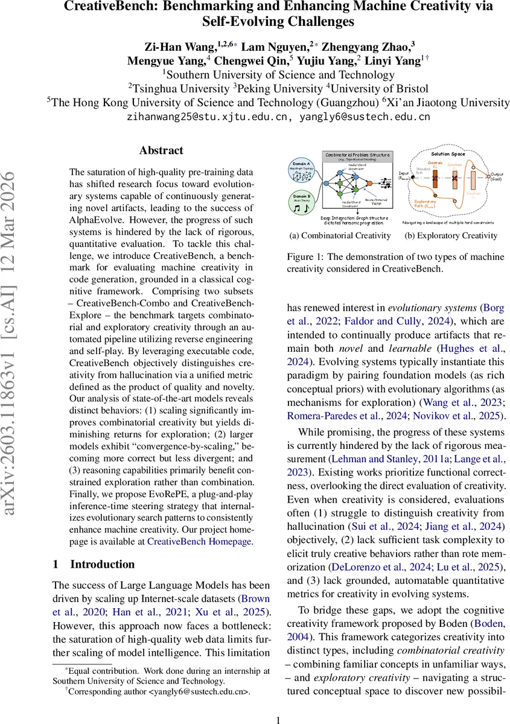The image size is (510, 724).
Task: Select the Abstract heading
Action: point(161,151)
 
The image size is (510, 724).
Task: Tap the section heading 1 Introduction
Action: point(94,564)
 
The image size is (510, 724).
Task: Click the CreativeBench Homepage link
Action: point(199,542)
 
